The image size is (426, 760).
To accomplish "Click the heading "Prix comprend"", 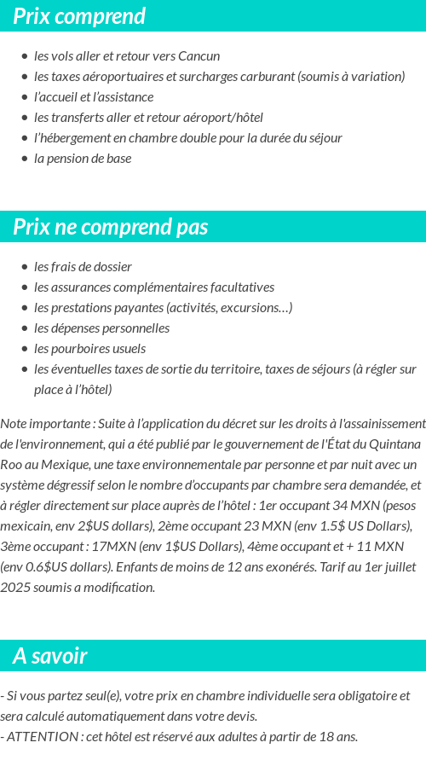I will click(x=79, y=16).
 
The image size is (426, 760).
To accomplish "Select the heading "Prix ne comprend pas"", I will click(x=110, y=227).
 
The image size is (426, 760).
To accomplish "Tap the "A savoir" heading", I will click(x=50, y=656).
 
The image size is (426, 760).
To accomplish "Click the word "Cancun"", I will click(x=199, y=56).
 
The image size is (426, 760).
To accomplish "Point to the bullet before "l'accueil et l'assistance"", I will click(x=25, y=97).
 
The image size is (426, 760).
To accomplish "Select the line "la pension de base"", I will click(x=83, y=159).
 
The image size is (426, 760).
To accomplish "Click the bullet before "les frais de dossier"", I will click(x=25, y=267).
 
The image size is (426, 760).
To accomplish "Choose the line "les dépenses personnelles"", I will click(x=101, y=328).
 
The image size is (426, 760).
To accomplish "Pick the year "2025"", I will click(x=16, y=588).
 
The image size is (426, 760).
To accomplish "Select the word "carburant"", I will click(x=264, y=77).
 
